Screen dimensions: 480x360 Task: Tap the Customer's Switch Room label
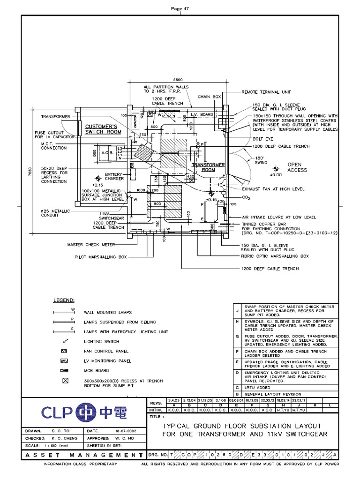[x=103, y=129]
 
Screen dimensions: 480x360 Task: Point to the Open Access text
[x=297, y=167]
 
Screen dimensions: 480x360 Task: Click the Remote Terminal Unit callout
[x=267, y=93]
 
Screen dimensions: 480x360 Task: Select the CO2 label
[x=246, y=199]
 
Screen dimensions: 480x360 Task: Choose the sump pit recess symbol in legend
[x=65, y=381]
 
